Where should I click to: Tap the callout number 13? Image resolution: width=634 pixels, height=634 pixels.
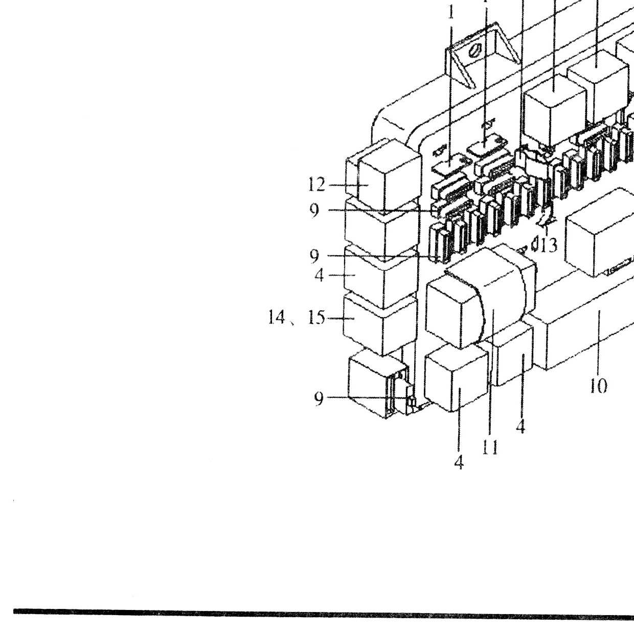(549, 245)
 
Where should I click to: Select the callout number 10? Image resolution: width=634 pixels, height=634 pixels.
(598, 386)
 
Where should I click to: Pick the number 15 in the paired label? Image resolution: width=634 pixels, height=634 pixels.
(316, 318)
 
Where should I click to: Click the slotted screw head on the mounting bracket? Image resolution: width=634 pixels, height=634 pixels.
(475, 52)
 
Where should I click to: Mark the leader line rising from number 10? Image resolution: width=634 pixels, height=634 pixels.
(599, 343)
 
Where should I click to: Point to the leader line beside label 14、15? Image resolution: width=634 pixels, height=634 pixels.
(341, 318)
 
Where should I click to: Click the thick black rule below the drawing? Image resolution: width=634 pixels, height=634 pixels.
(324, 612)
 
